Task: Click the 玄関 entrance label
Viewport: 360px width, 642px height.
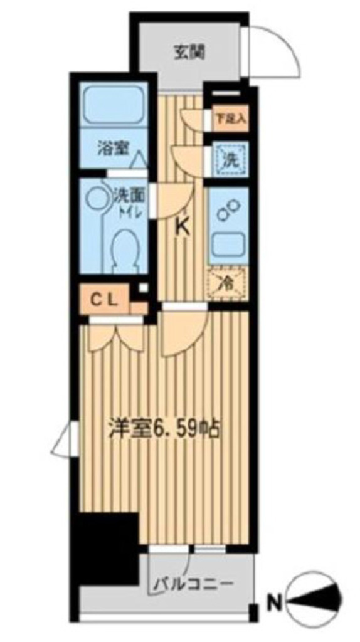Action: click(x=188, y=52)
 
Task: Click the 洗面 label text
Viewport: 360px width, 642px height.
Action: click(x=129, y=195)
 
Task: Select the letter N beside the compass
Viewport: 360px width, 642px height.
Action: click(x=274, y=603)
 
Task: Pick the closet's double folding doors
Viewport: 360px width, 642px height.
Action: click(x=116, y=337)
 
